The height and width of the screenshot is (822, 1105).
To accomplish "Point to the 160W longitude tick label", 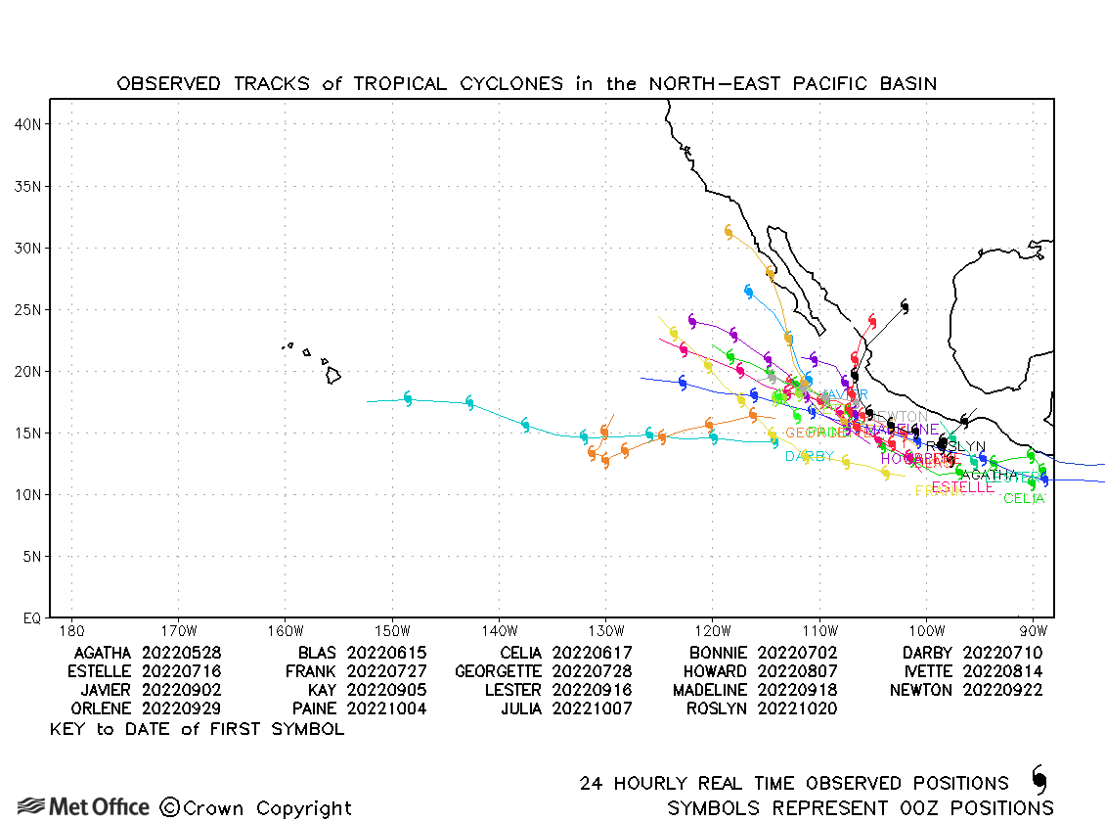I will pyautogui.click(x=284, y=630).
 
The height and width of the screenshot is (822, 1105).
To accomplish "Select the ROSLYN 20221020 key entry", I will pyautogui.click(x=762, y=708).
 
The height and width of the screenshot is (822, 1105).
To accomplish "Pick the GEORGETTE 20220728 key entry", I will pyautogui.click(x=543, y=671).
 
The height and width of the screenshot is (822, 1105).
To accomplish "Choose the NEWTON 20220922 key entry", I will pyautogui.click(x=966, y=690).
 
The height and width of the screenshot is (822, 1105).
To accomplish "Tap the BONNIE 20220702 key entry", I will pyautogui.click(x=763, y=653).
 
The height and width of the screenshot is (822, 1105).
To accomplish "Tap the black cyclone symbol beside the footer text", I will pyautogui.click(x=1039, y=780).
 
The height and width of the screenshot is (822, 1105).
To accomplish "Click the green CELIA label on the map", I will pyautogui.click(x=1024, y=499).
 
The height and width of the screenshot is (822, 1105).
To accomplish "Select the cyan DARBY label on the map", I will pyautogui.click(x=810, y=456).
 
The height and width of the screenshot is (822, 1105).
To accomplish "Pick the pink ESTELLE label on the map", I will pyautogui.click(x=962, y=487).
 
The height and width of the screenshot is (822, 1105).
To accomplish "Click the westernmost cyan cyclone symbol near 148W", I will pyautogui.click(x=408, y=398).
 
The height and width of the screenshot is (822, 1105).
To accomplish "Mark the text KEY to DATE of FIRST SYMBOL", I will pyautogui.click(x=197, y=729).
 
